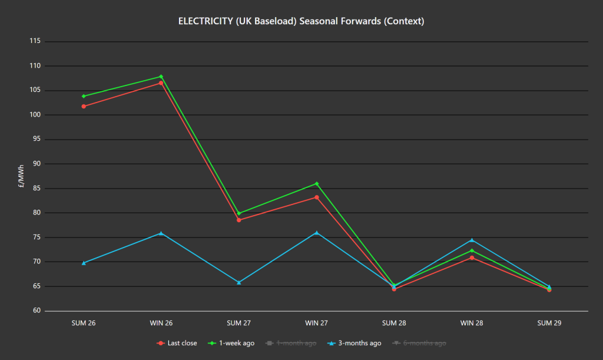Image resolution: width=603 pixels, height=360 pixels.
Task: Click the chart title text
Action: [x=301, y=21]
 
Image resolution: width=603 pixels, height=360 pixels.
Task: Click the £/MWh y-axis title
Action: [x=21, y=176]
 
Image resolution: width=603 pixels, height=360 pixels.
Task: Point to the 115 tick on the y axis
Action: [x=35, y=41]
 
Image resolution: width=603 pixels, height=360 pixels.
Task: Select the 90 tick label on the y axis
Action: [x=37, y=164]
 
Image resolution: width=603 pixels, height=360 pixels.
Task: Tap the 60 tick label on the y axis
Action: [x=37, y=311]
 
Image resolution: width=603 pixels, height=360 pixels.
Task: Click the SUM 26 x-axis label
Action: [x=84, y=323]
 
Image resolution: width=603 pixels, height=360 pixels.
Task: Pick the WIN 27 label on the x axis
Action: [x=316, y=323]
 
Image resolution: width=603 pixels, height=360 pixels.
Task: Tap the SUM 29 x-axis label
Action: [x=549, y=323]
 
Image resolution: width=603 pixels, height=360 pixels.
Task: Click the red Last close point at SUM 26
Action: [x=84, y=106]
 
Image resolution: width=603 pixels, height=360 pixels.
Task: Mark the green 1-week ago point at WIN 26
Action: [x=161, y=77]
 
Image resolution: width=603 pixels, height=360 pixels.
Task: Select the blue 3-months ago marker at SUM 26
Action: [x=84, y=263]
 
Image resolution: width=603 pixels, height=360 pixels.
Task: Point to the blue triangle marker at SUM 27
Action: [x=238, y=282]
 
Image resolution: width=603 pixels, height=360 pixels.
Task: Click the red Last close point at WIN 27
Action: [x=316, y=197]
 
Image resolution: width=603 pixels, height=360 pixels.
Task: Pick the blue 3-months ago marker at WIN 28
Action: [x=472, y=240]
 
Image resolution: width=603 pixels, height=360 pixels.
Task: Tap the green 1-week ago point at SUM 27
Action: [x=238, y=213]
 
